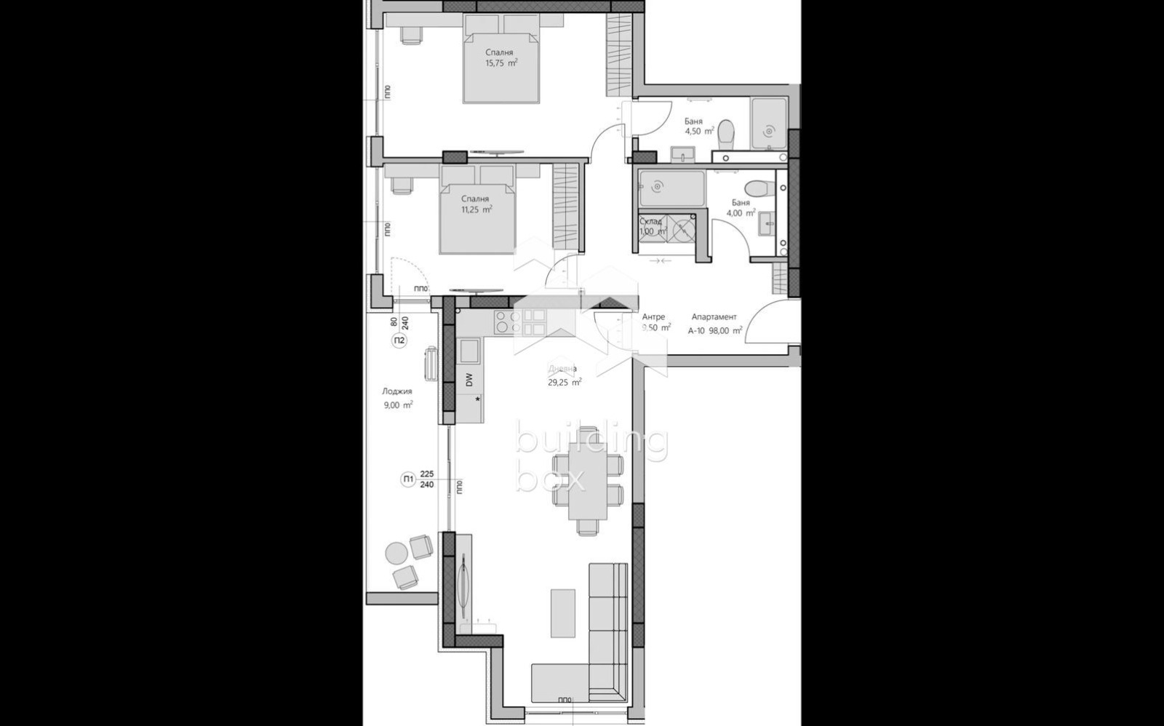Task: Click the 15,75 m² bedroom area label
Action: click(x=501, y=63)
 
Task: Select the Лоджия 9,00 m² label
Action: click(x=398, y=399)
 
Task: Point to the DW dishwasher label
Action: click(x=469, y=379)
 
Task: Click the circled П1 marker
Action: click(x=408, y=479)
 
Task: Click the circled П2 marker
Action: click(x=399, y=340)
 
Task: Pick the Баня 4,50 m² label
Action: click(x=698, y=127)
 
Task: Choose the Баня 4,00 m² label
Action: click(x=740, y=209)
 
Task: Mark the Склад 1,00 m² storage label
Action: click(x=652, y=226)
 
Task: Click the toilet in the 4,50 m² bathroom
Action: click(x=725, y=134)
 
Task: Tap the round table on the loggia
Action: click(x=396, y=553)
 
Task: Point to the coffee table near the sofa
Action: click(x=562, y=613)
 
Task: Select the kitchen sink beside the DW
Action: click(x=469, y=351)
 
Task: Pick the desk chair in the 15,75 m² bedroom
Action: click(x=411, y=34)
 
